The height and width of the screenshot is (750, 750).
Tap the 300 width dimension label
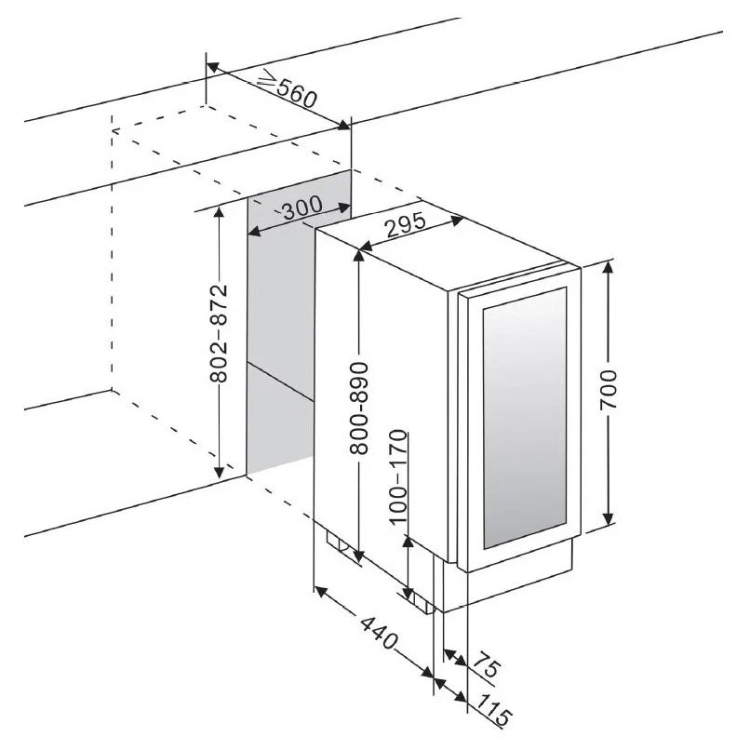click(301, 208)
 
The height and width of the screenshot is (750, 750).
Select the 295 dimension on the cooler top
click(406, 224)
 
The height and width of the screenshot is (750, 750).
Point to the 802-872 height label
click(219, 333)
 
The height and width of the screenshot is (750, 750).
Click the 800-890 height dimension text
click(359, 408)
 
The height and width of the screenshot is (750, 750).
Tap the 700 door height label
click(609, 389)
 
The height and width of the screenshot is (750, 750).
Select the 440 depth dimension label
click(379, 633)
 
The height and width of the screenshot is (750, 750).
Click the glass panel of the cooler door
click(524, 418)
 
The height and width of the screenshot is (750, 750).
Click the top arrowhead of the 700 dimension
click(608, 267)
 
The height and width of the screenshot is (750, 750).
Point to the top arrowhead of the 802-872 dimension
click(219, 212)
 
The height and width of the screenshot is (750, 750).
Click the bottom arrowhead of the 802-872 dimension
click(219, 471)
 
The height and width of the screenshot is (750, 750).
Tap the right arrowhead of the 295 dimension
click(457, 221)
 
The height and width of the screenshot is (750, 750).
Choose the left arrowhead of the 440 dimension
click(321, 591)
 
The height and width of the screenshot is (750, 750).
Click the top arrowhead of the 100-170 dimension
click(408, 542)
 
